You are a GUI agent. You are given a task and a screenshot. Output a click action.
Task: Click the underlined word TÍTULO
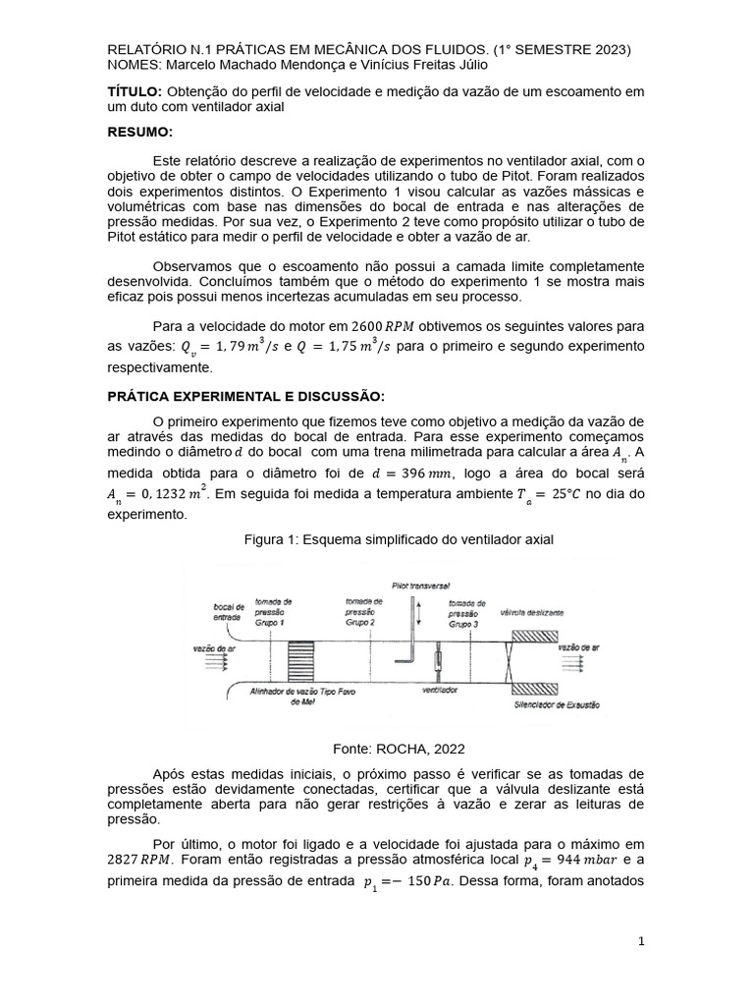tap(134, 91)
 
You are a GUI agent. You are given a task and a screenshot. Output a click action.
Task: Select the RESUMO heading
tap(139, 132)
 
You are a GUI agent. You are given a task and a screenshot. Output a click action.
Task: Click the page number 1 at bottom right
tap(641, 941)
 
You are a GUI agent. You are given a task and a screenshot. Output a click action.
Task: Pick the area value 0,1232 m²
tap(149, 495)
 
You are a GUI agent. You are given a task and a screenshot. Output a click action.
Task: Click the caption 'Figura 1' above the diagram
tap(397, 540)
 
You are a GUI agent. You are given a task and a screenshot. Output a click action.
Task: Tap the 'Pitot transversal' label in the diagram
tap(419, 582)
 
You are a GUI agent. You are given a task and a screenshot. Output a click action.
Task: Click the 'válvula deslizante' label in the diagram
tap(532, 611)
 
